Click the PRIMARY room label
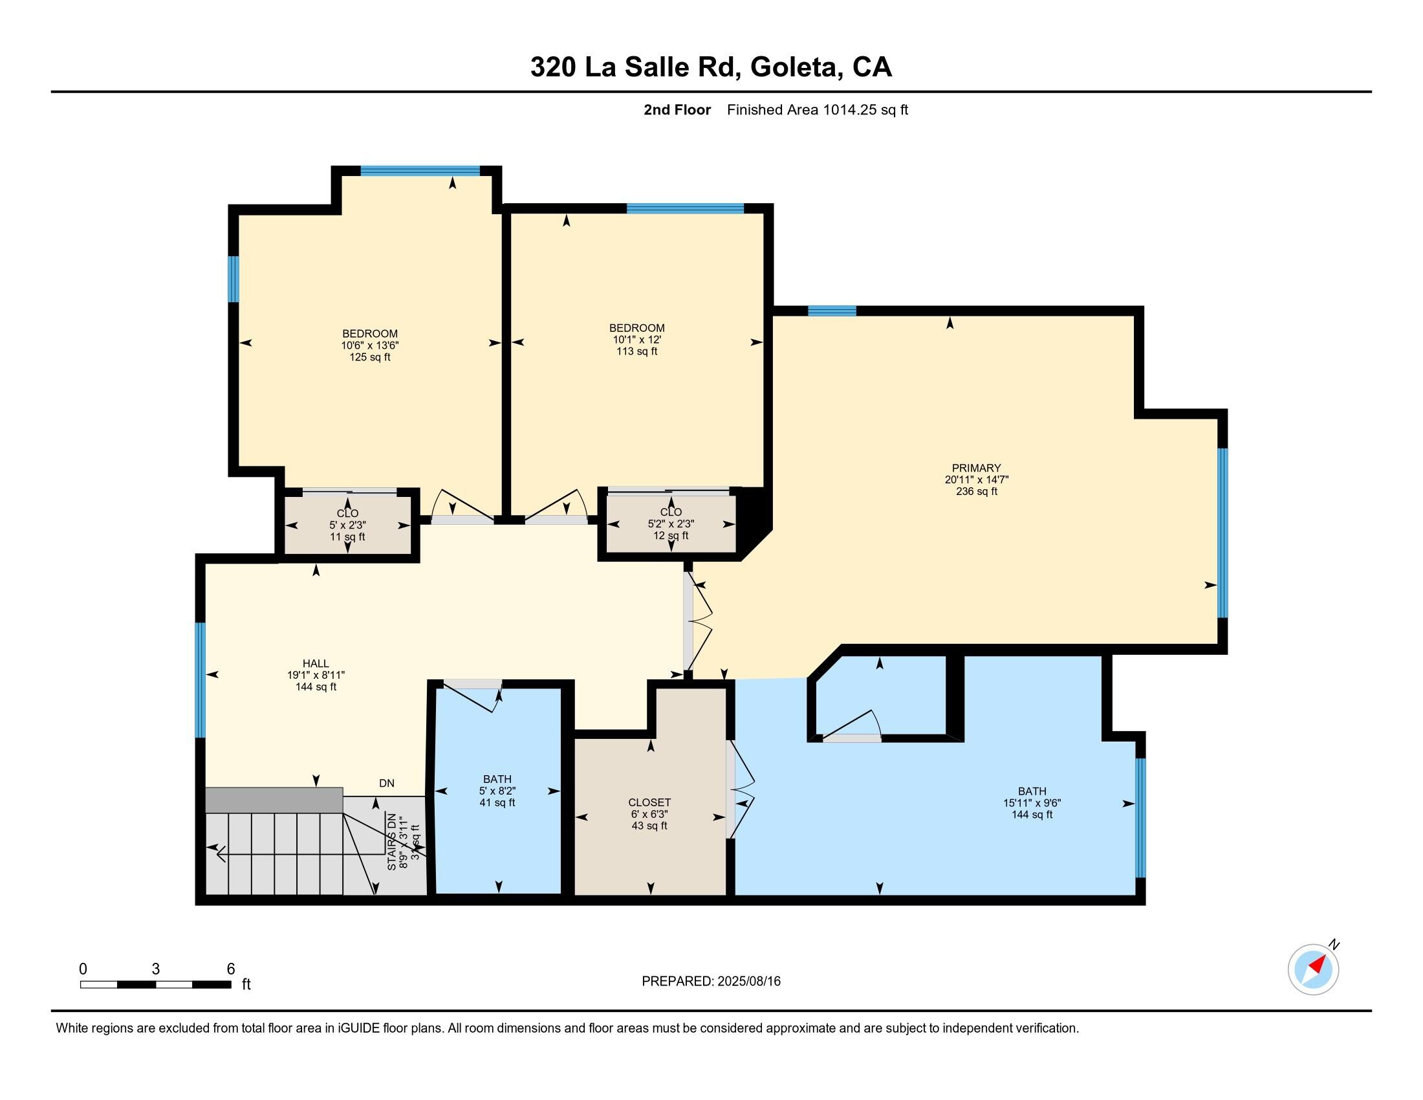tap(975, 468)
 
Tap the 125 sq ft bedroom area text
tap(369, 357)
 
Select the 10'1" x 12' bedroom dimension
tap(636, 340)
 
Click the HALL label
tap(316, 663)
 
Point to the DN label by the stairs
tap(386, 784)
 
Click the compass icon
tap(1313, 969)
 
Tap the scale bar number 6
tap(230, 969)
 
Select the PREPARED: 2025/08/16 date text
tap(711, 982)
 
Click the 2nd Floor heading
tap(677, 110)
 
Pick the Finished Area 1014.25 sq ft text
tap(817, 110)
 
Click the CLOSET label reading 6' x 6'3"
tap(649, 803)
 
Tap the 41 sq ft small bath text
tap(497, 803)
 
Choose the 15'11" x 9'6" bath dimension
tap(1032, 804)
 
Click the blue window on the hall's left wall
tap(200, 679)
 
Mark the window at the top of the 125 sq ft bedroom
tap(420, 171)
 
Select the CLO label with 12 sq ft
tap(671, 512)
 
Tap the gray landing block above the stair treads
tap(274, 800)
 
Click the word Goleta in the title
tap(794, 67)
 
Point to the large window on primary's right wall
tap(1222, 533)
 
